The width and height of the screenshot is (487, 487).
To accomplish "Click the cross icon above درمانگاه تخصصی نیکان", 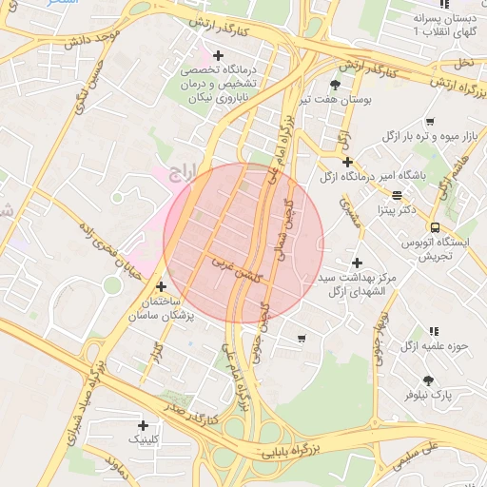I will point(219,55).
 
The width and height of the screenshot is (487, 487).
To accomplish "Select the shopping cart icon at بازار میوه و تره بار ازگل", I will point(430,121).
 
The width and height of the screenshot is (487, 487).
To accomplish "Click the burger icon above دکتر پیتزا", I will point(398,194).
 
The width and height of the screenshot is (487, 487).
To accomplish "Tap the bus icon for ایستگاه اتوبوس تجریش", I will point(435,227).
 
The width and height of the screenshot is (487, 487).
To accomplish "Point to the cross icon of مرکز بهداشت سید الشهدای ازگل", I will point(357,263).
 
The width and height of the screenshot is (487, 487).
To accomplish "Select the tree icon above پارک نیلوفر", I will point(427,380).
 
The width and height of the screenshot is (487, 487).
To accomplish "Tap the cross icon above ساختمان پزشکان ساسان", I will point(161,286).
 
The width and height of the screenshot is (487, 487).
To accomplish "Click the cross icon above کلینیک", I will point(144,425).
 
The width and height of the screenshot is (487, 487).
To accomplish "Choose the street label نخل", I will point(464,61).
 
